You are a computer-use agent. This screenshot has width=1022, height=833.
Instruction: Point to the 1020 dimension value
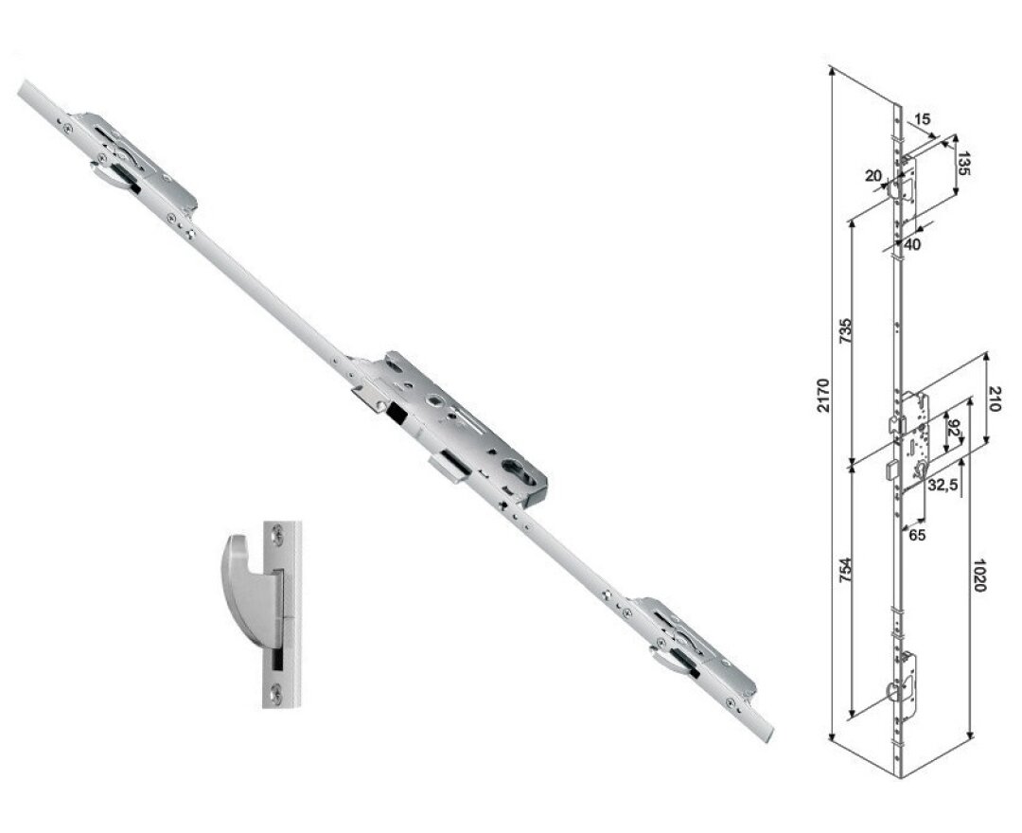[980, 575]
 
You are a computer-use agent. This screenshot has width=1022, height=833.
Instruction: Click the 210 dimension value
[994, 399]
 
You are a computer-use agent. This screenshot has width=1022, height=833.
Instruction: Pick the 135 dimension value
[964, 164]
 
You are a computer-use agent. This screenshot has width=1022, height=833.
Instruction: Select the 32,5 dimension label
[943, 484]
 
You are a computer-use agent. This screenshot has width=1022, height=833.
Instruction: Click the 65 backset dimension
[917, 536]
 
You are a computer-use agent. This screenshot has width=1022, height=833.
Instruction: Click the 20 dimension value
[872, 175]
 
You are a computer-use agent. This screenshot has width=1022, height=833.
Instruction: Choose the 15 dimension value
[923, 119]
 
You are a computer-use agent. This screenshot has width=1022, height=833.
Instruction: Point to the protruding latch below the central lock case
[449, 468]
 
